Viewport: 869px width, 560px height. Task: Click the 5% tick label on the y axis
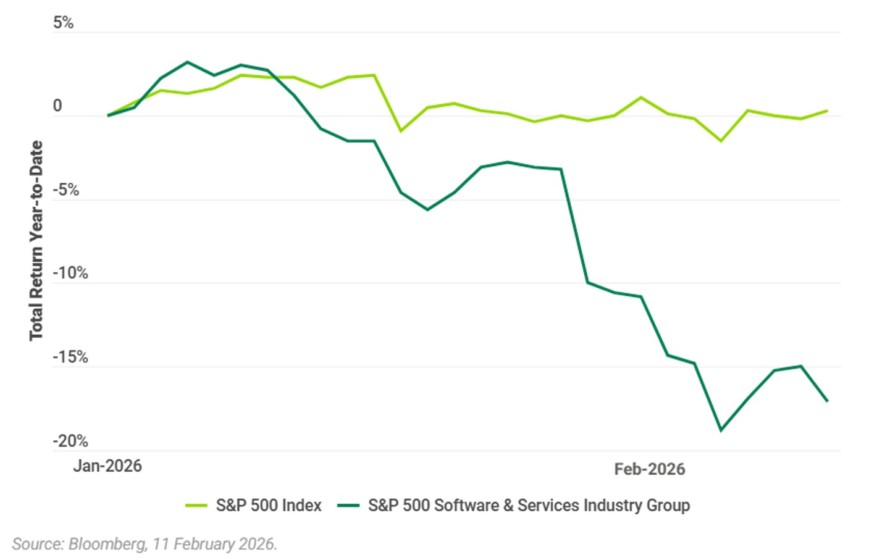(x=63, y=23)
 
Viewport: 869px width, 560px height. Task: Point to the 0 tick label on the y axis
(x=57, y=106)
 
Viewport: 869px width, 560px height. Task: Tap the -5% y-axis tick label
(x=65, y=190)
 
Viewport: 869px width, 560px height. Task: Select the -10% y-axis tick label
(x=70, y=273)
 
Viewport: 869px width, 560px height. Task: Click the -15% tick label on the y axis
(x=70, y=357)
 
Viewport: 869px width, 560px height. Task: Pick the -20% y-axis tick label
(x=70, y=441)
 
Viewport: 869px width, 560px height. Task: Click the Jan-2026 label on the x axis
(x=107, y=466)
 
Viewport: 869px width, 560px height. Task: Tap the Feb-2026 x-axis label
(x=649, y=469)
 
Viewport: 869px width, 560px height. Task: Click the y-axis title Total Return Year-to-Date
(x=36, y=240)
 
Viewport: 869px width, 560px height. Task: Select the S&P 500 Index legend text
(x=268, y=506)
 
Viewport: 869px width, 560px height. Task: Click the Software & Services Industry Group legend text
(x=529, y=506)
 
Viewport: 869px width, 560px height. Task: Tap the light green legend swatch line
(x=196, y=506)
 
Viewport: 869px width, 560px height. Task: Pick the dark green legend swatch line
(x=348, y=506)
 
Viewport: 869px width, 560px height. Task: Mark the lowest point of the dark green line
(x=721, y=430)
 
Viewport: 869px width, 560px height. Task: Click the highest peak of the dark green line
(x=188, y=62)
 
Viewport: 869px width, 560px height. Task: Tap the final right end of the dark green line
(x=827, y=401)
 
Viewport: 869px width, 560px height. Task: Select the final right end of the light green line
(x=827, y=111)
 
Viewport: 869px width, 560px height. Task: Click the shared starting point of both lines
(x=108, y=115)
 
